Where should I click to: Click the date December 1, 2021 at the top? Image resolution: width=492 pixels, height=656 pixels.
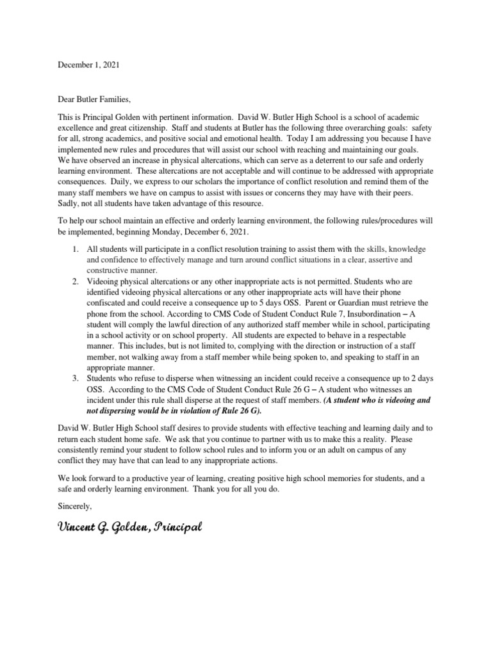pyautogui.click(x=88, y=65)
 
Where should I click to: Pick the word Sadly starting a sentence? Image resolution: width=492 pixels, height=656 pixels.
pyautogui.click(x=69, y=203)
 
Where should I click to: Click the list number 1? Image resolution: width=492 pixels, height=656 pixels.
pyautogui.click(x=74, y=248)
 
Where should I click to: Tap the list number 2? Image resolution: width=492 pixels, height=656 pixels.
pyautogui.click(x=74, y=280)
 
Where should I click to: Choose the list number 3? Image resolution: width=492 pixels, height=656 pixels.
pyautogui.click(x=74, y=378)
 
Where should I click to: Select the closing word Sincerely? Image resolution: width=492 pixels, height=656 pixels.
pyautogui.click(x=76, y=506)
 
